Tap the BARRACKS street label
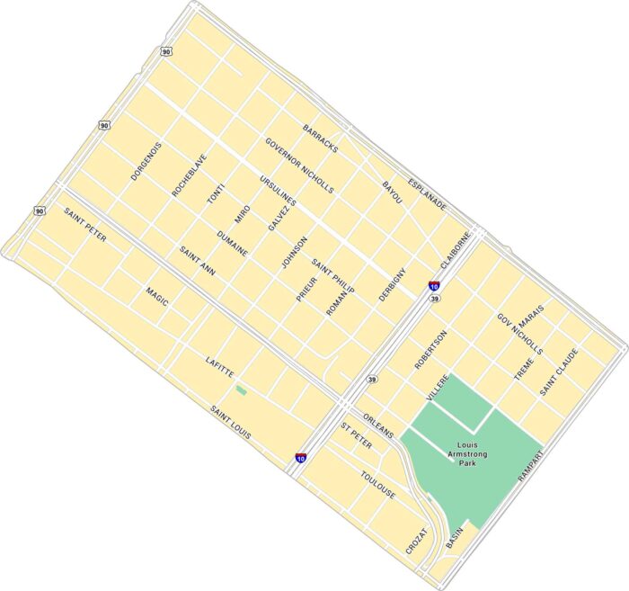tap(320, 139)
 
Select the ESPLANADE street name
tap(427, 193)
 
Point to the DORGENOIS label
tap(146, 161)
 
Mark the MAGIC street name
tap(156, 296)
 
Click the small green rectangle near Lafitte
tap(241, 390)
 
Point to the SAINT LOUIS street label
tap(231, 422)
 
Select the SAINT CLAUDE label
tap(559, 372)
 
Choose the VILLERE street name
tap(437, 387)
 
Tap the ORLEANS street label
tap(378, 426)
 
